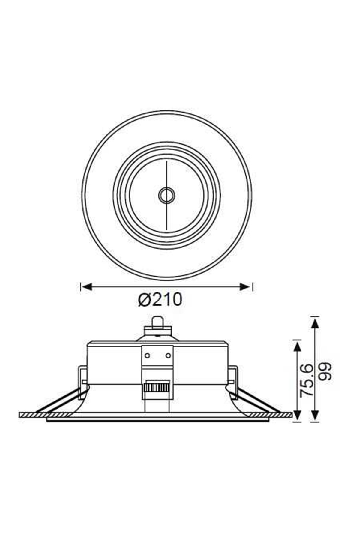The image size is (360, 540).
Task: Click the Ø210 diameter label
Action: coord(160,299)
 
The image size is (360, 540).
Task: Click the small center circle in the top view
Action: coord(166,196)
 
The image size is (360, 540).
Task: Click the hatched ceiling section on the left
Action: coord(33,415)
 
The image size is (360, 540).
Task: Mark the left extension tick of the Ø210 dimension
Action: coord(81,287)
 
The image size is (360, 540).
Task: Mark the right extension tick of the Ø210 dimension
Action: coord(253,287)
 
